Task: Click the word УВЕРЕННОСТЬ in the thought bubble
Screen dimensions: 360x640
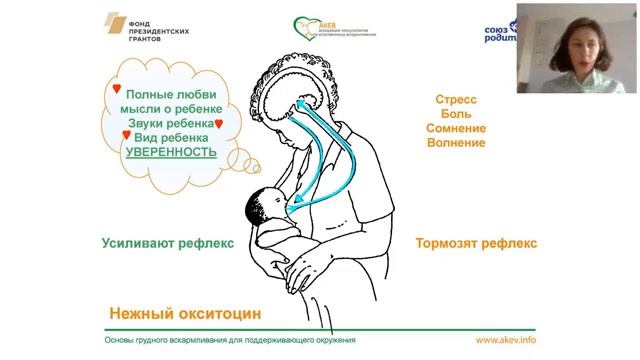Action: point(171,151)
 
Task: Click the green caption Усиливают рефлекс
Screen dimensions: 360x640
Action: point(153,242)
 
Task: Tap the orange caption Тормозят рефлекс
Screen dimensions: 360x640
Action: point(476,242)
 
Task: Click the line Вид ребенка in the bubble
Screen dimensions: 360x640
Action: point(171,137)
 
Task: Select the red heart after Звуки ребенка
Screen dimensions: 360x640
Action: point(219,124)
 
